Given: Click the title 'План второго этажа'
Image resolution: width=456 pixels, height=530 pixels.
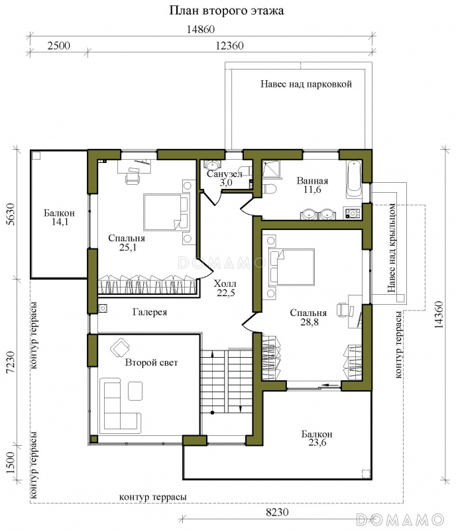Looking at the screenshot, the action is tap(226, 11).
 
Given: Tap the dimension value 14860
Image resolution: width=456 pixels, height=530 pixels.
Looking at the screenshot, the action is tap(201, 29).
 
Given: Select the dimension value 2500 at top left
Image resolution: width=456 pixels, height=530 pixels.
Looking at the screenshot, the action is tap(58, 46).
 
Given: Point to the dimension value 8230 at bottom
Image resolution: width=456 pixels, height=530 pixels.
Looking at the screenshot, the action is tap(278, 512).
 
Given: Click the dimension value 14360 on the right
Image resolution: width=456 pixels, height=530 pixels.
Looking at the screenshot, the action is tap(439, 315).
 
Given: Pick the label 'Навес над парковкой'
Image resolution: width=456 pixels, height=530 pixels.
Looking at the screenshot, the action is tap(306, 84).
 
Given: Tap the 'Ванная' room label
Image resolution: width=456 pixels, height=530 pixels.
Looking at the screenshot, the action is tap(312, 180).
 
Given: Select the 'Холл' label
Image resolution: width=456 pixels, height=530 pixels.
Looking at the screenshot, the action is tap(225, 284).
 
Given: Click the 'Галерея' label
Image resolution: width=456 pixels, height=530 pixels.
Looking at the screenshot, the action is tap(150, 312).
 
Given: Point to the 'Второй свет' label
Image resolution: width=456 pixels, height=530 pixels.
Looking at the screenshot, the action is tap(151, 362).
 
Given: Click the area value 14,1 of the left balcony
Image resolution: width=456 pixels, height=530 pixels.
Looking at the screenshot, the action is tap(60, 222).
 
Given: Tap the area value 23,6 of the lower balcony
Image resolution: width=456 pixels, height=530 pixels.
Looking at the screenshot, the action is tap(317, 443).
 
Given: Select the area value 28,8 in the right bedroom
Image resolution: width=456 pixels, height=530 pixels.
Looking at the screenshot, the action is tap(309, 322).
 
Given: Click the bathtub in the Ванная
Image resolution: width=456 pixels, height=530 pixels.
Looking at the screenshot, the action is tap(354, 180).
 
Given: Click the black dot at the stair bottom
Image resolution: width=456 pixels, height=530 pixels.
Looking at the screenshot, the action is tap(212, 412).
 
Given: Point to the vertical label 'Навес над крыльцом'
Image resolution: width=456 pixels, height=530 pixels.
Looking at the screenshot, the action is tap(392, 248).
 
